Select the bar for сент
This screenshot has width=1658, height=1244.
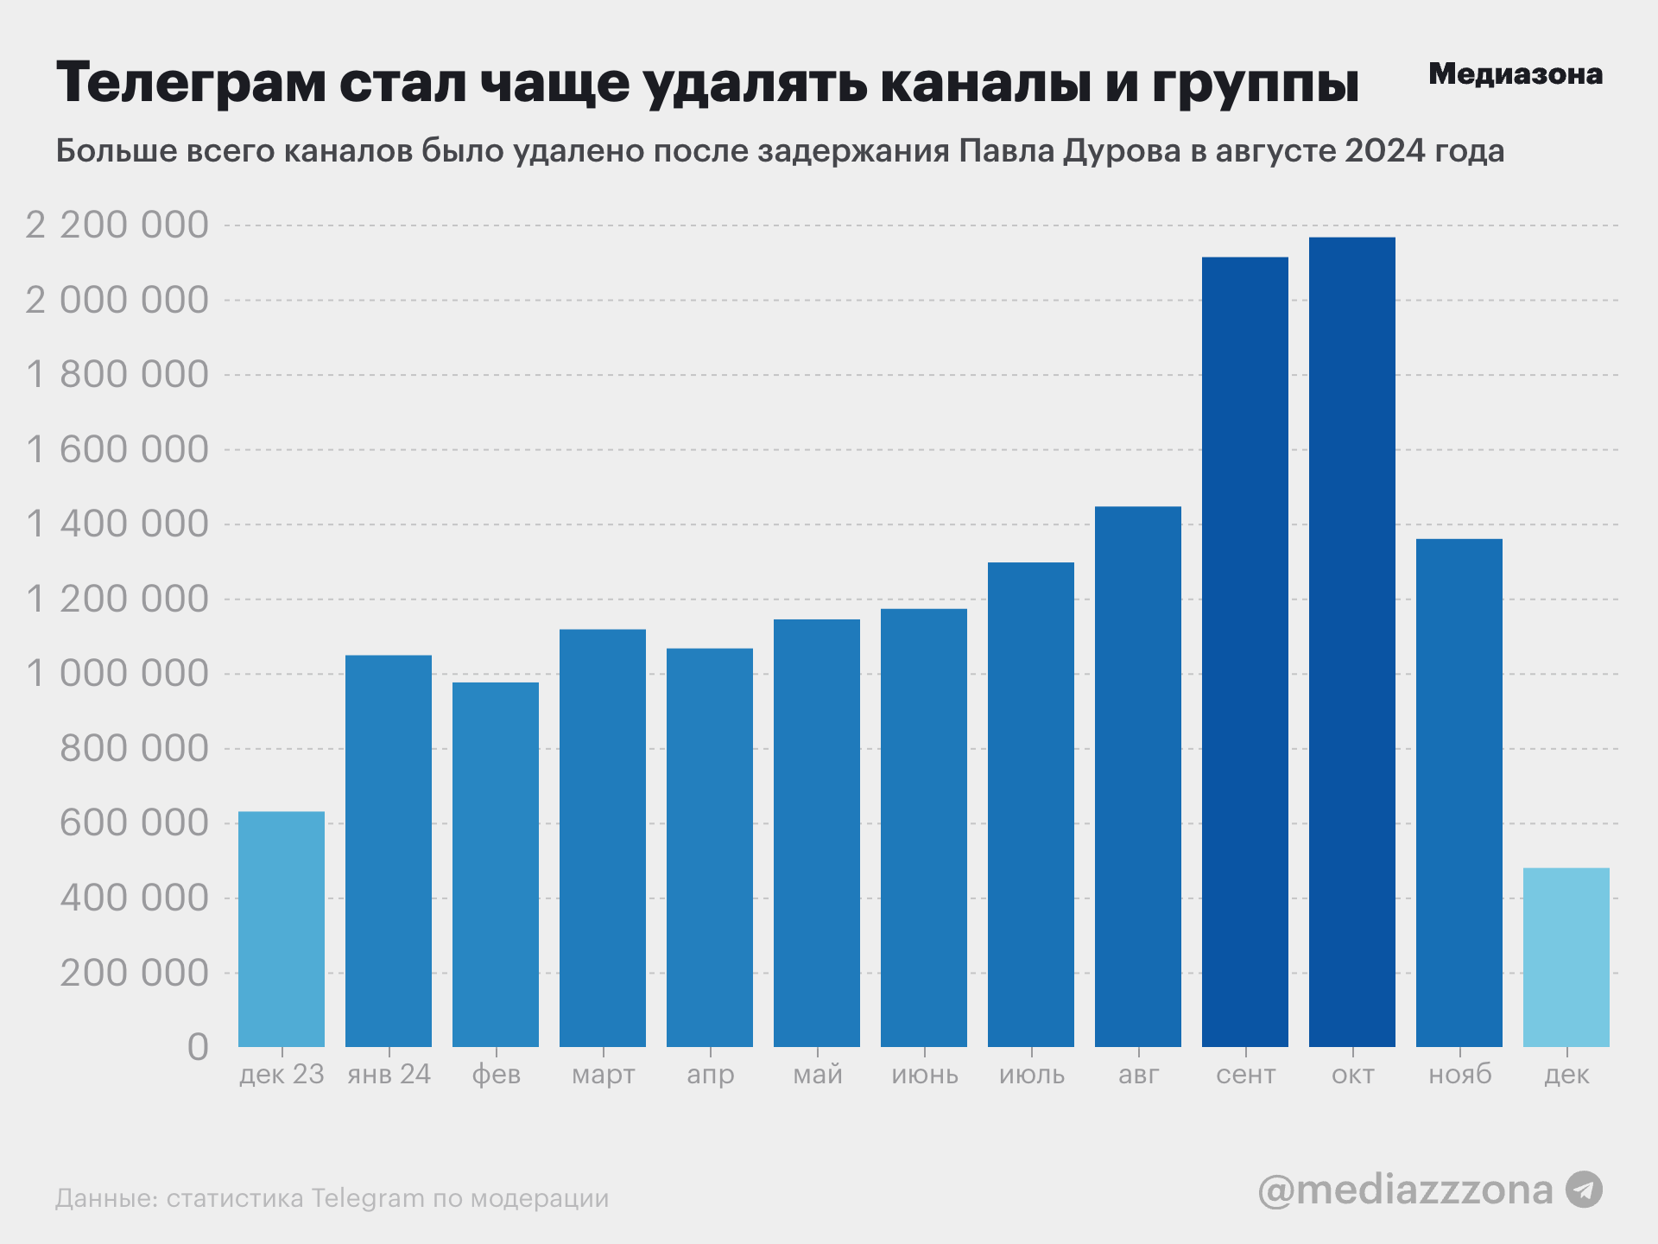click(1244, 652)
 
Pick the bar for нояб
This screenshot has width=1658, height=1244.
click(1459, 793)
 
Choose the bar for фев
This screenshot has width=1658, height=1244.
click(496, 865)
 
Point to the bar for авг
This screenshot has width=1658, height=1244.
click(1137, 777)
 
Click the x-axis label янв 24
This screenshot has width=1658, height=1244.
click(389, 1075)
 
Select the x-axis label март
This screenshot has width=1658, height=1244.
click(603, 1075)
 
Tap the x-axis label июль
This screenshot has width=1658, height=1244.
click(1031, 1075)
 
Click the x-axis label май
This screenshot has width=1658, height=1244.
click(817, 1075)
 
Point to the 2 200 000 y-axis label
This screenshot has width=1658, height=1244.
click(117, 225)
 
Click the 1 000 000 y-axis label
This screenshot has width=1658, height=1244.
click(117, 674)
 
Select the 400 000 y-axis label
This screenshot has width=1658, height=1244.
click(134, 898)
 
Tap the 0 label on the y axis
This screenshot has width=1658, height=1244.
click(198, 1047)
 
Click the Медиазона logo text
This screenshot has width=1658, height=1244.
click(1516, 74)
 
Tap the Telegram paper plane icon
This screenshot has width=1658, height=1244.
click(1585, 1190)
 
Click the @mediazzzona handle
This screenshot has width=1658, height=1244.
click(1405, 1190)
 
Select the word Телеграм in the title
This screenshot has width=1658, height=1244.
click(191, 83)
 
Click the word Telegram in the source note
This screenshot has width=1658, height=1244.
click(368, 1199)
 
